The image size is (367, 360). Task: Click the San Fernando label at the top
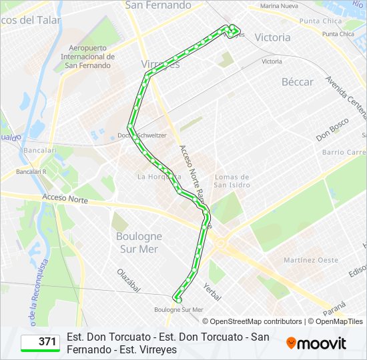tap(157, 5)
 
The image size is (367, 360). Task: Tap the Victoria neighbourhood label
tap(272, 37)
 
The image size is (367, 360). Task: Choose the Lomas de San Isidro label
tap(232, 181)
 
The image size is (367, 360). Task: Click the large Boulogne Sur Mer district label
tap(139, 242)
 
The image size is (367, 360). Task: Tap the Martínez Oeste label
tap(310, 260)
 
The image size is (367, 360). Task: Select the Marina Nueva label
tap(279, 6)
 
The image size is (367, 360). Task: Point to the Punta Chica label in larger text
tap(320, 21)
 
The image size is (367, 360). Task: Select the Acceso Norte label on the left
tap(65, 199)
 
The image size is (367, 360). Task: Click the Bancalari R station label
tap(31, 172)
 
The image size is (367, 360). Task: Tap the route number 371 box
tap(39, 342)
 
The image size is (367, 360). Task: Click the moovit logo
tap(316, 343)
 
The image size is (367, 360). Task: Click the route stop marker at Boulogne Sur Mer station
tap(177, 299)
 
